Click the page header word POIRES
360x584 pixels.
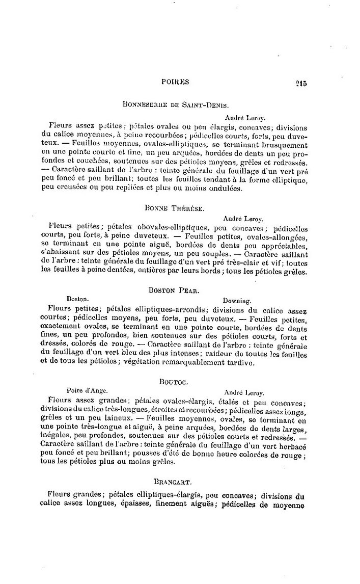(x=175, y=81)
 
